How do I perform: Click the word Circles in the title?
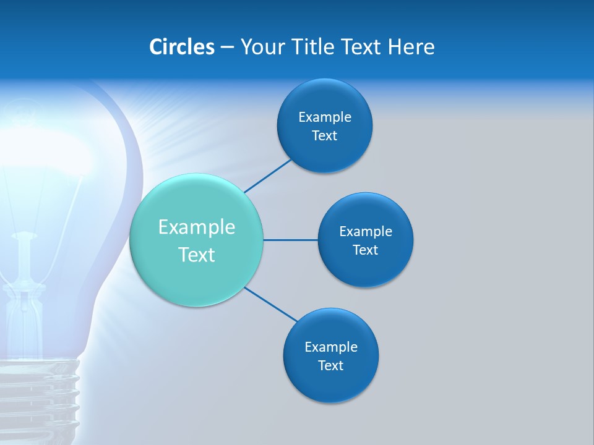[x=182, y=47]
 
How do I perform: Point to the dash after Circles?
[x=227, y=48]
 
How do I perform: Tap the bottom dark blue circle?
[x=330, y=383]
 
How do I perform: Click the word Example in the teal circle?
[x=197, y=227]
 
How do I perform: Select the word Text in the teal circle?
[x=197, y=255]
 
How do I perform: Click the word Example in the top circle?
[x=324, y=117]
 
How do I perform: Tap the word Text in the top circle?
[x=324, y=136]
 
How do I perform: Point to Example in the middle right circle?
[x=365, y=232]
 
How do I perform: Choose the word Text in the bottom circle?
[x=330, y=366]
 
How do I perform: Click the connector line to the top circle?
[x=267, y=176]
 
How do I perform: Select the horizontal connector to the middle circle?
[x=290, y=240]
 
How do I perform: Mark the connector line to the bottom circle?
[x=271, y=304]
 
